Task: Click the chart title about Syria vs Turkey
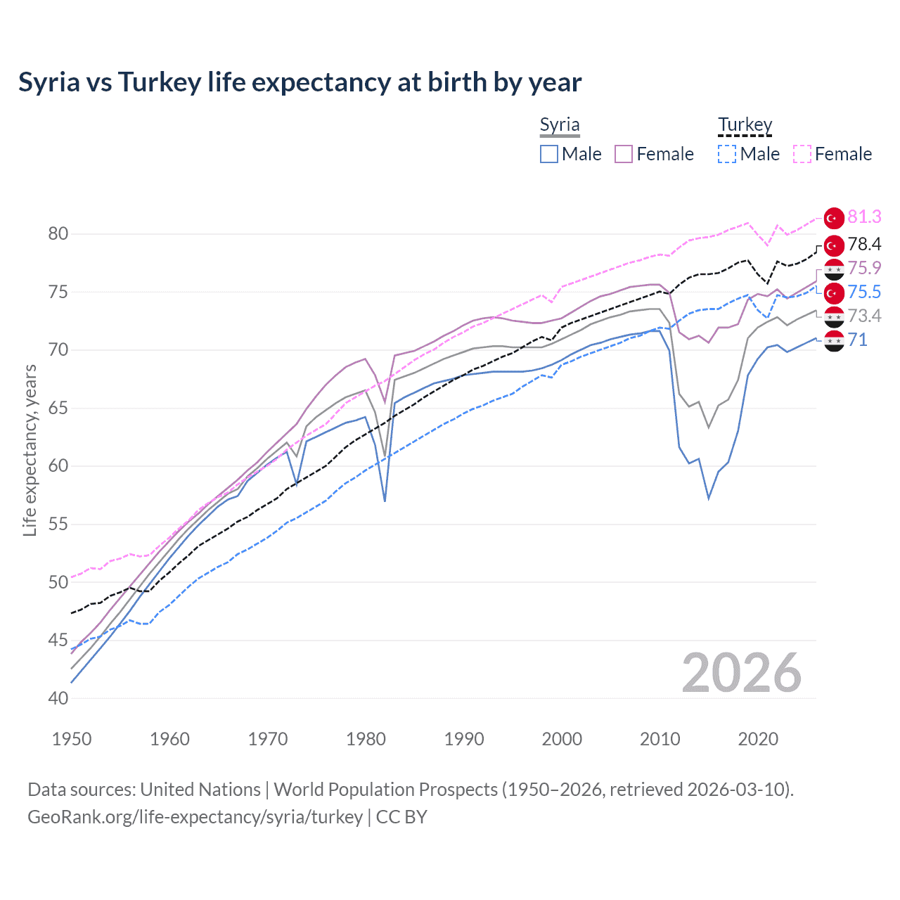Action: coord(300,82)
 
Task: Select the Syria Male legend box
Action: coord(549,154)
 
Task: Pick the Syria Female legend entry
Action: coord(654,154)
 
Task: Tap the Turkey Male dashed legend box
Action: coord(727,154)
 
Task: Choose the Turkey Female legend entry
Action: coord(832,154)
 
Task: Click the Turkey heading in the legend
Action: coord(745,125)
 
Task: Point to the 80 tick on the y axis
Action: coord(58,234)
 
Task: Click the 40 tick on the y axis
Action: coord(58,698)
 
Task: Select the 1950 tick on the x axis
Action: coord(72,739)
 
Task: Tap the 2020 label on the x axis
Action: coord(758,739)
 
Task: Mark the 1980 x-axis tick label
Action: coord(366,739)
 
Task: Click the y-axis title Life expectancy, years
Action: coord(30,450)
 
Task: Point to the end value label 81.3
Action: coord(864,217)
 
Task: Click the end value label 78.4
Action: coord(864,244)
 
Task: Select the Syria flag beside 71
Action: coord(834,341)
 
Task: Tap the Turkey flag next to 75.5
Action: coord(834,292)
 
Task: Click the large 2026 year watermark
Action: coord(741,674)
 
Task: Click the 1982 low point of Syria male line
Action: coord(385,501)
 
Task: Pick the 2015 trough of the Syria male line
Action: coord(709,499)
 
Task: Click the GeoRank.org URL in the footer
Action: coord(195,817)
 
